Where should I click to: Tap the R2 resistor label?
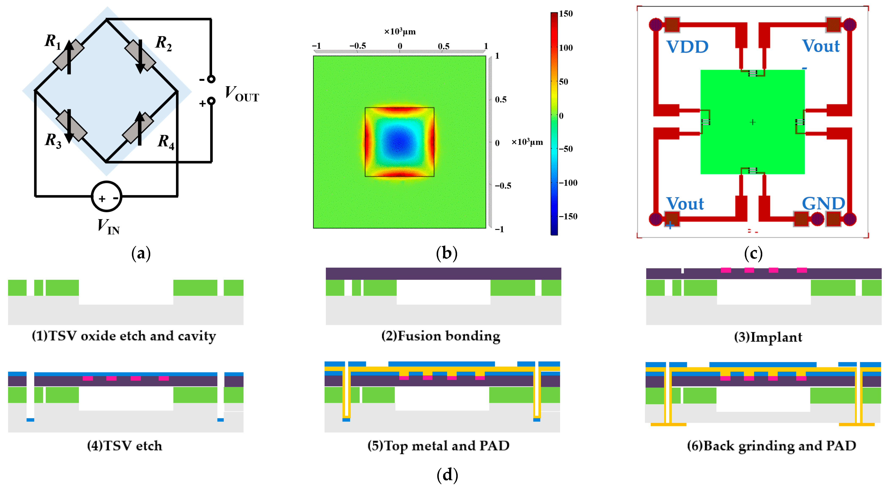(x=163, y=43)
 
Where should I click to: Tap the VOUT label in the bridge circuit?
(x=241, y=94)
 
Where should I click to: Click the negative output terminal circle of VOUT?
(x=211, y=79)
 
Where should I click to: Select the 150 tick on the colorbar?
(x=566, y=14)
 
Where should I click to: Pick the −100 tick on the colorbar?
(x=568, y=183)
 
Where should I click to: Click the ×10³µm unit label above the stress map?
(x=400, y=32)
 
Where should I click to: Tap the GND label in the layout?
(x=823, y=203)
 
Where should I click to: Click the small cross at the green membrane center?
(x=753, y=122)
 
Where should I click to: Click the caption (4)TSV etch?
(x=125, y=446)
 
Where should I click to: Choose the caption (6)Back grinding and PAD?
(x=771, y=446)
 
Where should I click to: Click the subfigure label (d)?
(x=447, y=475)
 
